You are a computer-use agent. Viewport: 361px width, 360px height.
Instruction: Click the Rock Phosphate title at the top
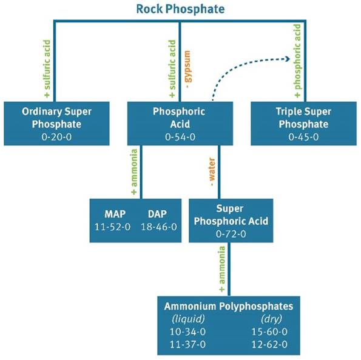180,9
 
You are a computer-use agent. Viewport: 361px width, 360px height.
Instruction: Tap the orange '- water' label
211,172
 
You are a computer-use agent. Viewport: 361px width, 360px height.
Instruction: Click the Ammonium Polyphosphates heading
228,306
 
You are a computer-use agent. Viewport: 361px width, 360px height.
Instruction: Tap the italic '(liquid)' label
187,319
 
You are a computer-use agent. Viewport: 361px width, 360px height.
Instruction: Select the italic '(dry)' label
269,319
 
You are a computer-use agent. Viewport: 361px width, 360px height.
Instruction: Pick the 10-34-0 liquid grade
187,332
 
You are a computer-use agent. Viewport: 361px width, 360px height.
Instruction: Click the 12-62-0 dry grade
269,345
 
